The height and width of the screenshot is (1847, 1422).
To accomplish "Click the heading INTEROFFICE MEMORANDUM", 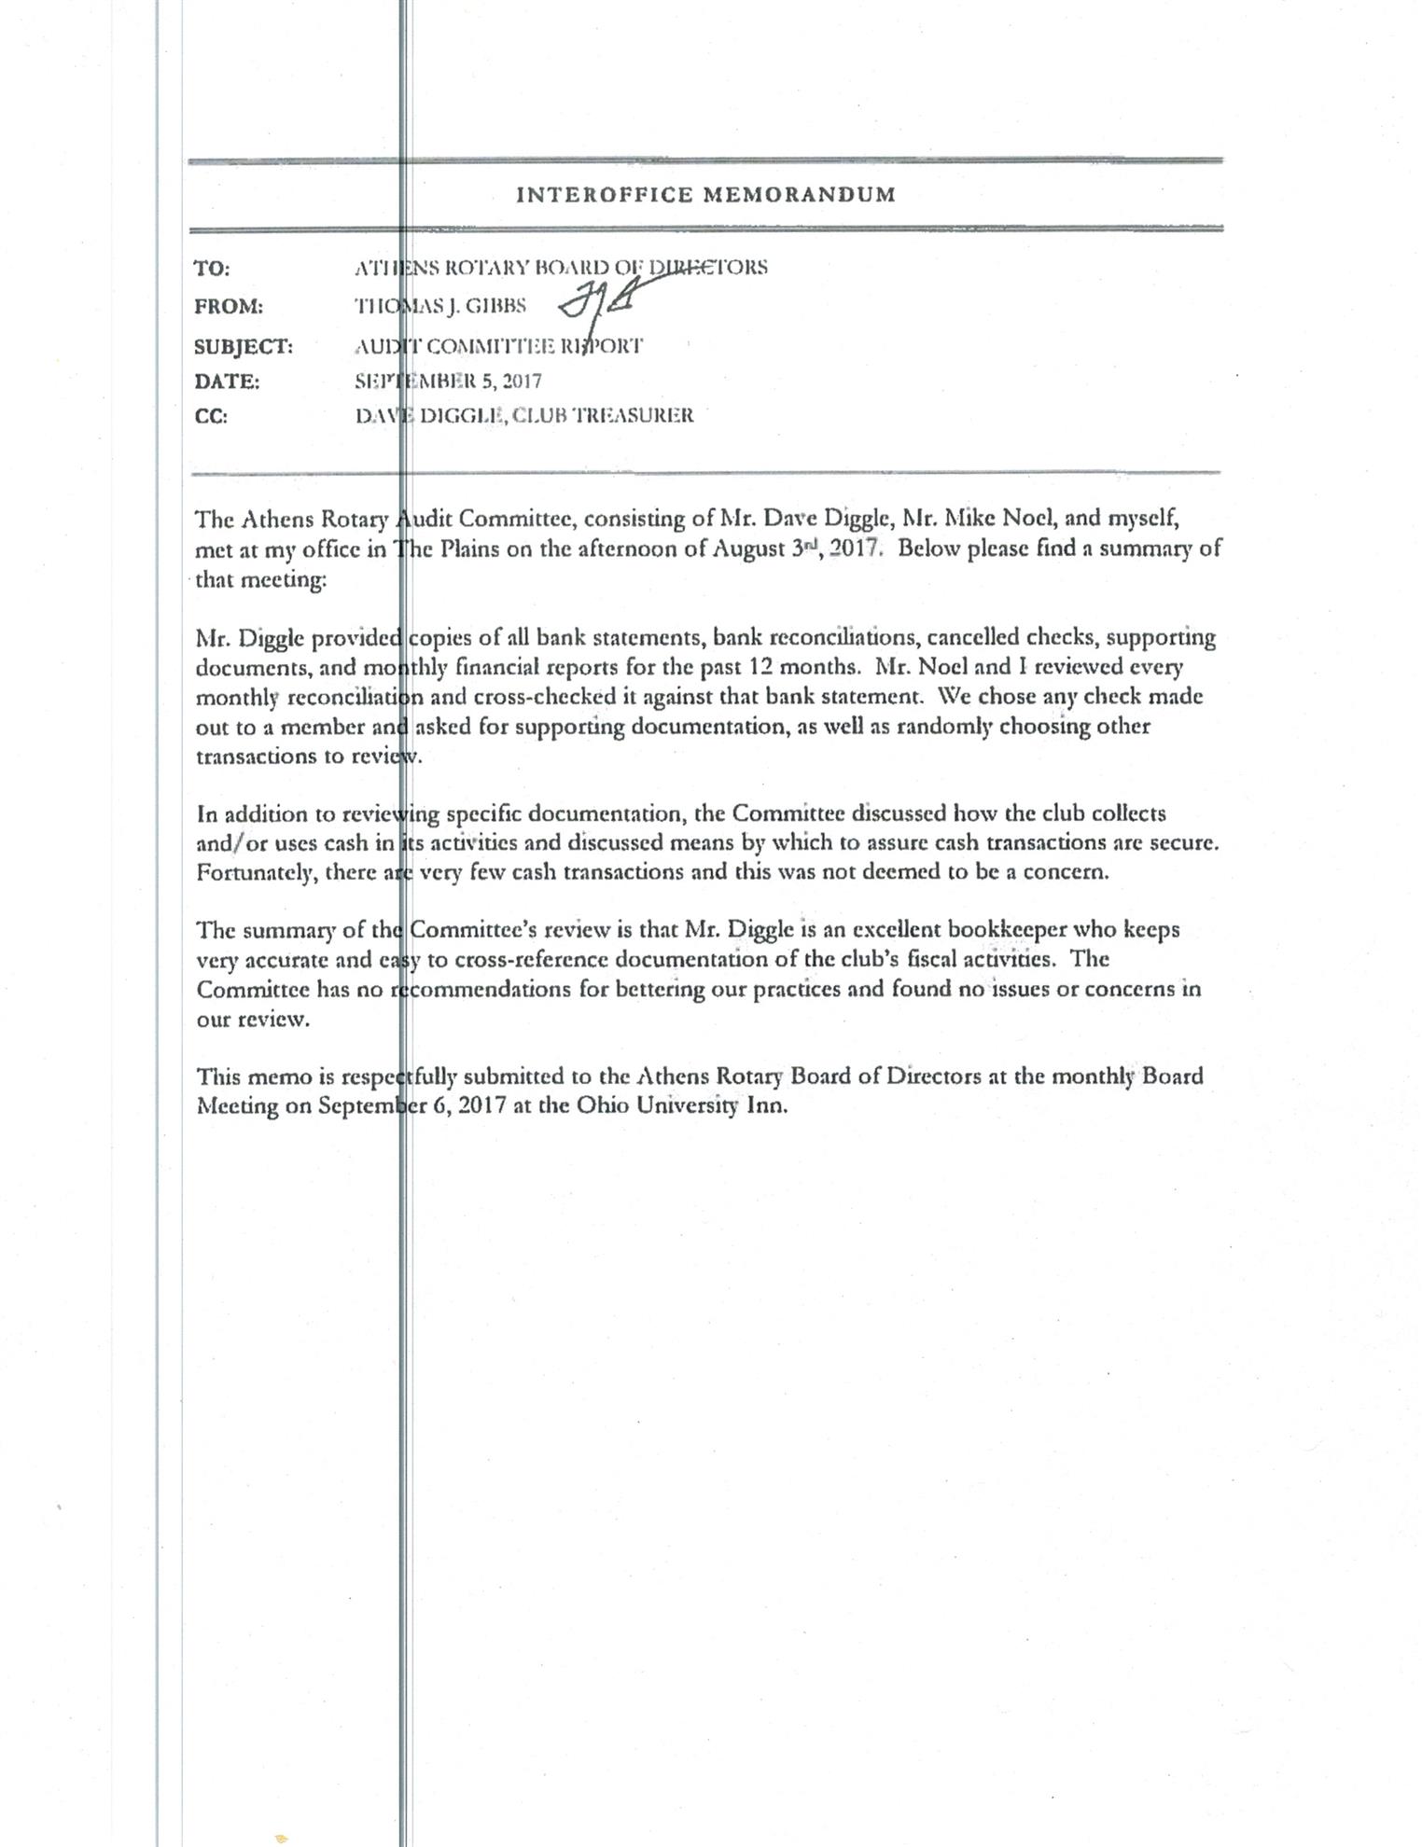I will (x=705, y=195).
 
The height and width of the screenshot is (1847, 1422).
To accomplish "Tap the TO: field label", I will (x=212, y=269).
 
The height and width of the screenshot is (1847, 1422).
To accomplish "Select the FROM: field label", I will (x=228, y=307).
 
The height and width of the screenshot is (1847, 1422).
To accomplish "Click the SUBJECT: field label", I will (x=243, y=347).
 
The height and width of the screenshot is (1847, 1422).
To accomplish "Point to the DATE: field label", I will (x=227, y=382).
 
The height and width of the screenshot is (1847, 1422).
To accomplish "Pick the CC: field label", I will (x=210, y=417).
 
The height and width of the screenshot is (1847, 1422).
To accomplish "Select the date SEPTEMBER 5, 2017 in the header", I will (x=448, y=381).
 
